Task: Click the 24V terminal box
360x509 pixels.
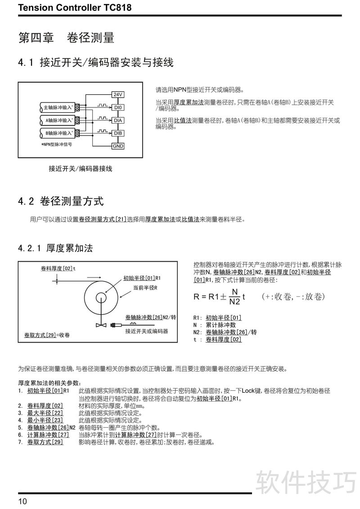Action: tap(117, 95)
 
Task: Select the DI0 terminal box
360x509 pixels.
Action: tap(117, 108)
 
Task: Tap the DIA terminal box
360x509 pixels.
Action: tap(117, 121)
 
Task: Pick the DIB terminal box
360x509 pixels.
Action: tap(117, 133)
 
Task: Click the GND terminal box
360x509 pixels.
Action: tap(117, 146)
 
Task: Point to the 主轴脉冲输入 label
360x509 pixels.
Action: tap(58, 108)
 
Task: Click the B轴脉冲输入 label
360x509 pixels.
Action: tap(58, 133)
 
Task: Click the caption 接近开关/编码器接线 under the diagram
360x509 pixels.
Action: tap(81, 169)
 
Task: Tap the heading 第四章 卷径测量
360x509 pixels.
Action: tap(66, 38)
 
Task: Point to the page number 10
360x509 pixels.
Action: tap(23, 501)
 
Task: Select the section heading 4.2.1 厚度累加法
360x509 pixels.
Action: tap(56, 248)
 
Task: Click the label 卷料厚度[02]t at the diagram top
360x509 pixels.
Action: tap(58, 268)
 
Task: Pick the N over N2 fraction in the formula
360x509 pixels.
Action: tap(234, 297)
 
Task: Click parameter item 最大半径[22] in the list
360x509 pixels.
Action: tap(45, 413)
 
